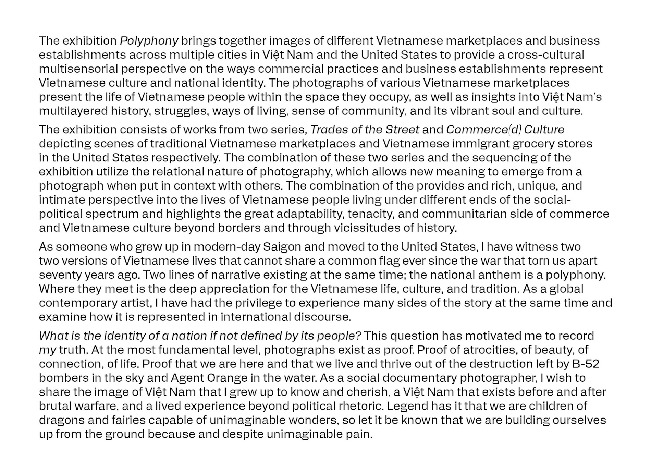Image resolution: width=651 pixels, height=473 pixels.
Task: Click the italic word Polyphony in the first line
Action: (149, 41)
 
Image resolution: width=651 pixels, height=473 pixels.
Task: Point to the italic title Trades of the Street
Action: (365, 130)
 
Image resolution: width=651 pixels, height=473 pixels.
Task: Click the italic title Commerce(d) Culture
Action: (505, 130)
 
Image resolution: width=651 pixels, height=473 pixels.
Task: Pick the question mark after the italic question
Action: (358, 336)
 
